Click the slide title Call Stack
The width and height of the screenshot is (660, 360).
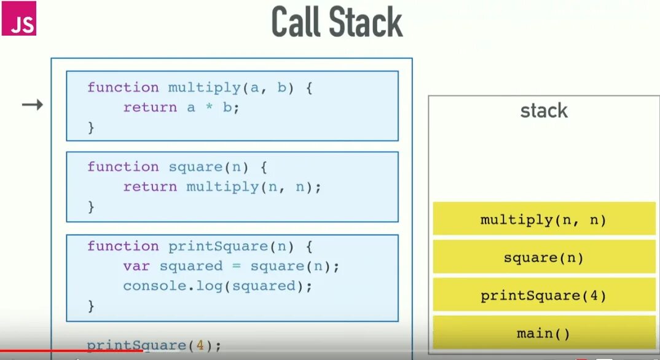click(337, 23)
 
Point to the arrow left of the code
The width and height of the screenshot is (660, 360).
click(32, 105)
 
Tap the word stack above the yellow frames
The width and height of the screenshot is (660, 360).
click(544, 111)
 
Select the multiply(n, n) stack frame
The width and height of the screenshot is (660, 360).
click(543, 219)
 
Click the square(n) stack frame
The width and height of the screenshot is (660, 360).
click(543, 257)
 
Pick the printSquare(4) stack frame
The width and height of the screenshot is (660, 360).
click(543, 295)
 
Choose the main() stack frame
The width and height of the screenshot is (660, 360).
click(543, 334)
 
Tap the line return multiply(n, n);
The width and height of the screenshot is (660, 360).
click(222, 187)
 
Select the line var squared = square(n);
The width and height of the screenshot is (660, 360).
click(231, 266)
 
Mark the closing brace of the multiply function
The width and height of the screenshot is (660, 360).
click(92, 127)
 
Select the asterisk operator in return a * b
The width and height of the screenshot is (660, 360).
click(208, 108)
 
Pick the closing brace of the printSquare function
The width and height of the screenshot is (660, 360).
click(92, 305)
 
